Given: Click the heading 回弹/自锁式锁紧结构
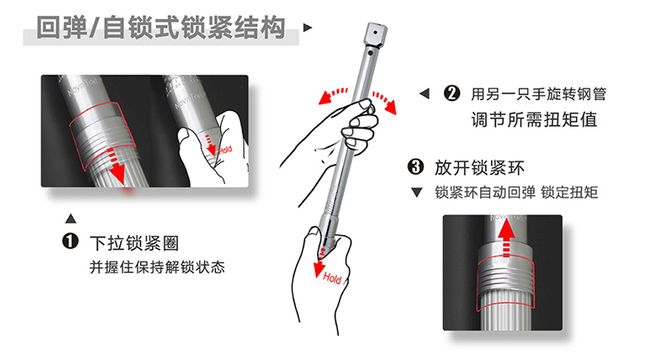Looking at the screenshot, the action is [x=161, y=28].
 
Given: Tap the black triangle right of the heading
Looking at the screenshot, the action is [x=307, y=27].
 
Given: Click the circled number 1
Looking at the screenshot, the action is [x=70, y=241].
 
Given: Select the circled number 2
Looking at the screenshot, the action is [x=452, y=94].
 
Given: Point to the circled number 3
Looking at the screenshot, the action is [x=416, y=167].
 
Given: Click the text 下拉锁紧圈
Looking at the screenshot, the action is [x=134, y=242].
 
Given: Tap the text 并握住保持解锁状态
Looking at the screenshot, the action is [x=157, y=267].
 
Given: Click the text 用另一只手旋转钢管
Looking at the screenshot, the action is [x=538, y=94].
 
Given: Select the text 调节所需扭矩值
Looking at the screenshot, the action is [x=534, y=120].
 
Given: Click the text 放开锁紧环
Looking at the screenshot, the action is [x=479, y=168].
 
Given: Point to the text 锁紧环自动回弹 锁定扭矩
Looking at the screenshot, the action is [x=517, y=192].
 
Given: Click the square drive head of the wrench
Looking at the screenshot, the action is [x=375, y=34].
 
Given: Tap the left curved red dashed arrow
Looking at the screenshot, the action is [x=332, y=95].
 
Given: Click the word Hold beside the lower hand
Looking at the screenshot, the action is [x=332, y=278].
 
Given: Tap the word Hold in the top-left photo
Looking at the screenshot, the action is [x=225, y=149].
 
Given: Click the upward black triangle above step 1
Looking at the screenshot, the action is [x=71, y=218].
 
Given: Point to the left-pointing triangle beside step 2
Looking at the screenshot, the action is [x=424, y=94].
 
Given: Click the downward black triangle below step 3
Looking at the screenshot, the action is [x=416, y=192].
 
